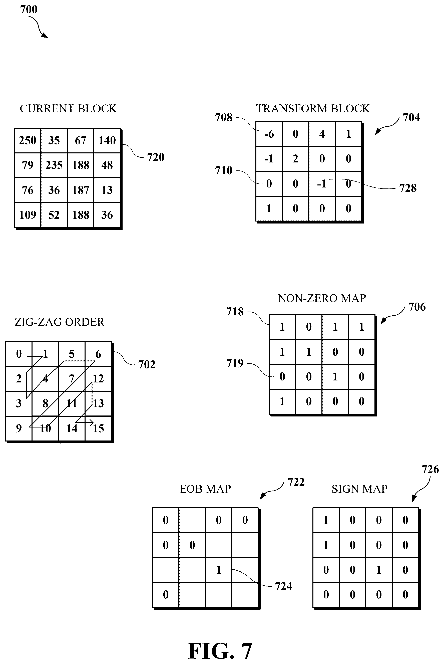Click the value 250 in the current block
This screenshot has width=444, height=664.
(28, 140)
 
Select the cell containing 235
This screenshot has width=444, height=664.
(54, 165)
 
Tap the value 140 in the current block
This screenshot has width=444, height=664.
(107, 140)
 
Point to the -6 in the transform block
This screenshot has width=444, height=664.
(269, 134)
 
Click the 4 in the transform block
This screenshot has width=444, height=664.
(322, 134)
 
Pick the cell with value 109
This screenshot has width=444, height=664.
(28, 215)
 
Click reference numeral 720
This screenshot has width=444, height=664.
(155, 157)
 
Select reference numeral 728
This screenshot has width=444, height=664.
(408, 188)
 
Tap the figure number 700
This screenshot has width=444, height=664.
(29, 10)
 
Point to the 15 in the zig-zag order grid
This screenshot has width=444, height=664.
(98, 428)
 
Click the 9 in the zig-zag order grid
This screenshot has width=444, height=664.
(19, 428)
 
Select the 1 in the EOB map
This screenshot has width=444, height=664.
(218, 570)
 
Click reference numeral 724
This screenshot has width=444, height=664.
(283, 586)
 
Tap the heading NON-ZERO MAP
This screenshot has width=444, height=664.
(322, 298)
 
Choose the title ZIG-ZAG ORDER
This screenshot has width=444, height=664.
(60, 322)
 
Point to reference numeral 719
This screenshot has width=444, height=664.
(235, 363)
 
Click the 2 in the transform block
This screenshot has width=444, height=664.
(295, 159)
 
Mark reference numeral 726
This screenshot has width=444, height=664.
(430, 469)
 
